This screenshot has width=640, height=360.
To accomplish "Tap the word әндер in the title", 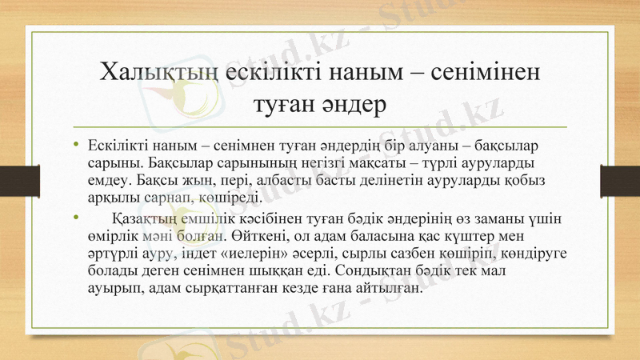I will pos(355,104).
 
